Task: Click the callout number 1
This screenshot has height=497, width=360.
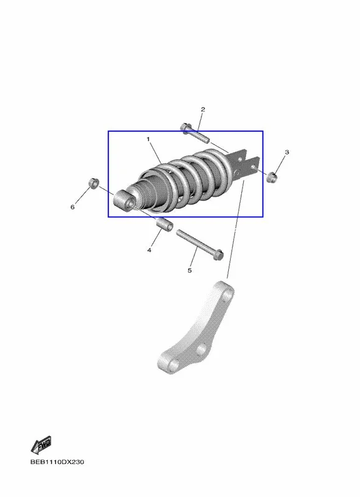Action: coord(148,139)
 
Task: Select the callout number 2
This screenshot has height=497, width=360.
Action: coord(203,109)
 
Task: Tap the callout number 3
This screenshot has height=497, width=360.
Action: coord(287,152)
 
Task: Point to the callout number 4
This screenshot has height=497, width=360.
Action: coord(149,250)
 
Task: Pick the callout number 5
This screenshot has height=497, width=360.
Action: coord(190,270)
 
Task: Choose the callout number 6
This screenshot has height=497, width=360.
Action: coord(72,207)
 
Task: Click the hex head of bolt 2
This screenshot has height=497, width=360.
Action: coord(185,127)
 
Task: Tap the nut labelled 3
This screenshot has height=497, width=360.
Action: coord(272,177)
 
